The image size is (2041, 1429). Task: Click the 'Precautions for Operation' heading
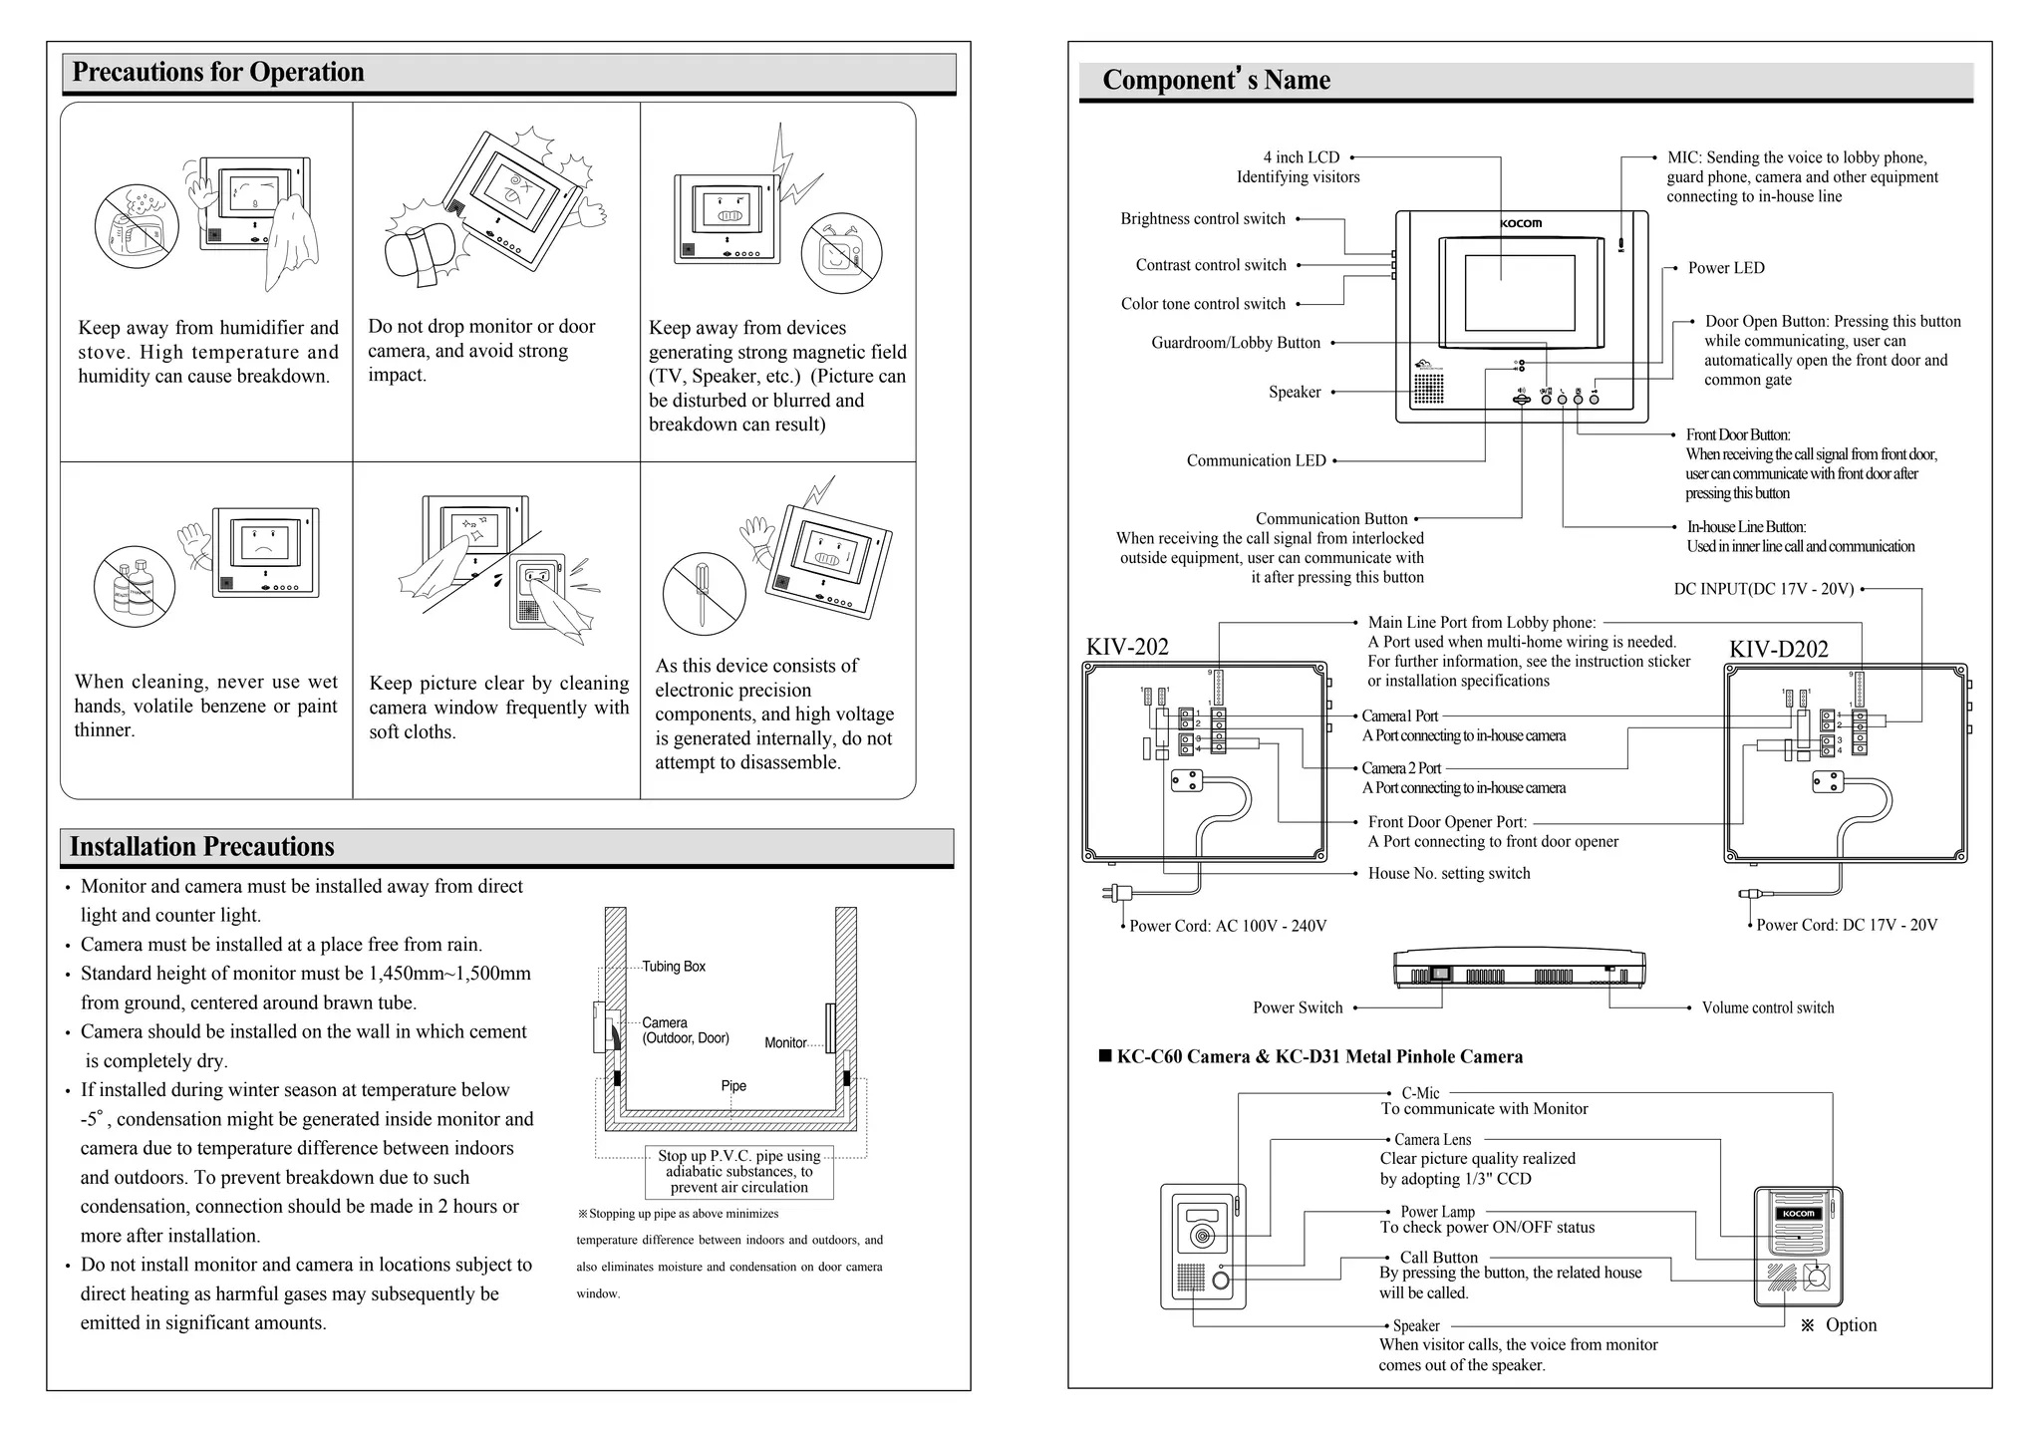pos(218,73)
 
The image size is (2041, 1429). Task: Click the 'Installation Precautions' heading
pos(202,847)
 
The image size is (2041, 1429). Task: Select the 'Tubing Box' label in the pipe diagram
pos(674,967)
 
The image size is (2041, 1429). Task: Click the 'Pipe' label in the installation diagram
pos(733,1086)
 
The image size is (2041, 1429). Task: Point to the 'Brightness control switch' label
pos(1203,219)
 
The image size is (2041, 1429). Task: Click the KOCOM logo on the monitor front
pos(1521,223)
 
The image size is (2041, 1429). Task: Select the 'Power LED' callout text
pos(1726,268)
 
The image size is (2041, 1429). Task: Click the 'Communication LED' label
pos(1256,460)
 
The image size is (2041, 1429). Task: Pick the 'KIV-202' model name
pos(1127,647)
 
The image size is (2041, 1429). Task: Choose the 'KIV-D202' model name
pos(1779,650)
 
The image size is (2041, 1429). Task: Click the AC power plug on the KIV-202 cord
pos(1110,892)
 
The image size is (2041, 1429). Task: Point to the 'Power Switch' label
pos(1298,1007)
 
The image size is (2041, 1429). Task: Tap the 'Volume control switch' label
pos(1767,1007)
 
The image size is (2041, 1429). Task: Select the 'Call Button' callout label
pos(1439,1258)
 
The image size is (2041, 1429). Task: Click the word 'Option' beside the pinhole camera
pos(1851,1324)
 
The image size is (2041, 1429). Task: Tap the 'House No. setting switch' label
pos(1449,873)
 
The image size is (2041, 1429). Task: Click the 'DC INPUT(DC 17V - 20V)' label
pos(1764,589)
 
